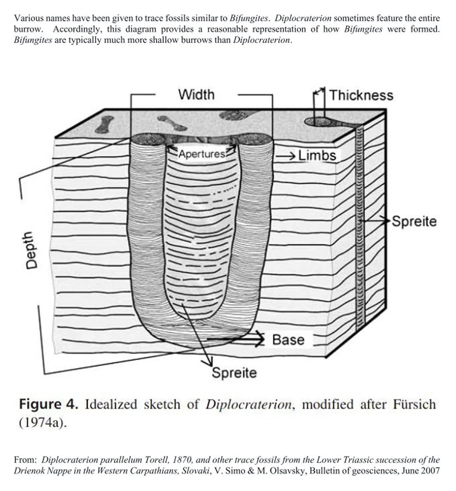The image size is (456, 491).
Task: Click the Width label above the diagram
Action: tap(196, 95)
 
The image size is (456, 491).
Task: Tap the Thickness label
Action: tap(361, 95)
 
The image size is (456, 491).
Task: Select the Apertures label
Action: tap(202, 154)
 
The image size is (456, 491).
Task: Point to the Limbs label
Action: tap(317, 155)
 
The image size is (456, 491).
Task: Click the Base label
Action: tap(288, 340)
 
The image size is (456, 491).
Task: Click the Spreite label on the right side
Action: tap(414, 221)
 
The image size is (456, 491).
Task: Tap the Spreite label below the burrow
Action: tap(234, 373)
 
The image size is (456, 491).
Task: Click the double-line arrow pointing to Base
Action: tap(237, 339)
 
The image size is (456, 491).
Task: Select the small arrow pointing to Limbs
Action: tap(287, 156)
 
